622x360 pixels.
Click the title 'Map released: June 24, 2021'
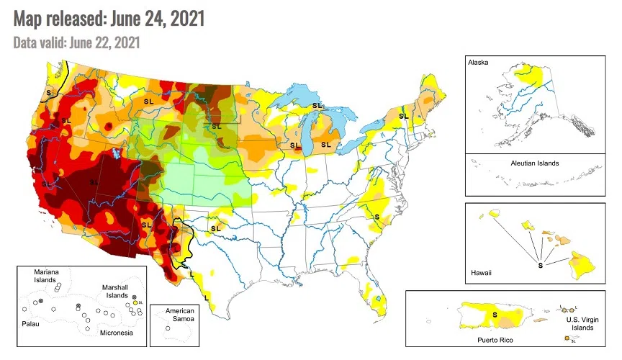click(x=109, y=18)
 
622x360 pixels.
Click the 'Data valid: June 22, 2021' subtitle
click(x=76, y=42)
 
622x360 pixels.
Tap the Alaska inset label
click(x=478, y=63)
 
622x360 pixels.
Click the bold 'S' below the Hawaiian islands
click(x=541, y=266)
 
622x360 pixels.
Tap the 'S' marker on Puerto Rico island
click(x=494, y=315)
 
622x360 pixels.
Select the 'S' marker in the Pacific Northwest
click(x=49, y=93)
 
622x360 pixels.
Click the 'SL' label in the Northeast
click(x=403, y=116)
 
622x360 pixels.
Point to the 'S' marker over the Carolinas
click(x=377, y=216)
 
